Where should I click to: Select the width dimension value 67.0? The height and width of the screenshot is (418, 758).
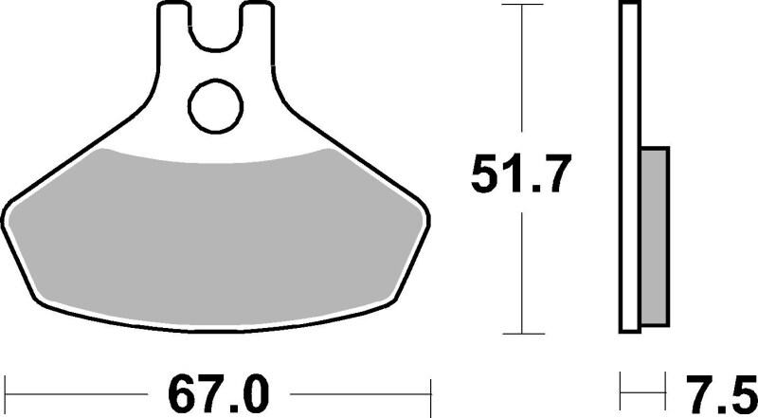(219, 390)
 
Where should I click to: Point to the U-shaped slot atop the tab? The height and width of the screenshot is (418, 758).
(219, 24)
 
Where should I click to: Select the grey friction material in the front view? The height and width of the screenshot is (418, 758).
(218, 232)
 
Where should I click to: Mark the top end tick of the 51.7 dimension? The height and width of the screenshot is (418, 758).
(522, 6)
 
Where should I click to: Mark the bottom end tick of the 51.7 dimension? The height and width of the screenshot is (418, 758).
(522, 334)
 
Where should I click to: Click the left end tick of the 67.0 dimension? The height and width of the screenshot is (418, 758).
(7, 389)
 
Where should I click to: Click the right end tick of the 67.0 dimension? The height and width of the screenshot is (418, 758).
(431, 389)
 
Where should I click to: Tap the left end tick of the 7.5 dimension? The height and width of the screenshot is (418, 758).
(622, 389)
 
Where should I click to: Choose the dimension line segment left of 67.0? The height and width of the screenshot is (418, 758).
(76, 389)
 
